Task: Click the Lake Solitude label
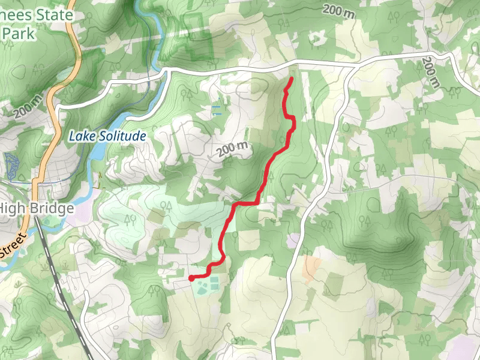click(x=107, y=137)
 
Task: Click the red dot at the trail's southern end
click(x=191, y=278)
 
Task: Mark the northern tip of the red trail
click(x=292, y=79)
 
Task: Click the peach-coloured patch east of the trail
click(x=310, y=268)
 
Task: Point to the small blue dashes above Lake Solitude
click(x=216, y=110)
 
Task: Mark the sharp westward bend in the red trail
click(x=234, y=205)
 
